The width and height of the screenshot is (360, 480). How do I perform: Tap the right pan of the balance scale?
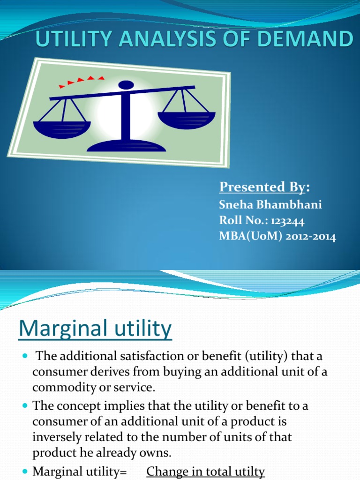point(186,119)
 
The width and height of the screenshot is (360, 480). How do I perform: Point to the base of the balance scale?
point(127,146)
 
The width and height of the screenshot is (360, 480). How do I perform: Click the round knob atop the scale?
point(126,85)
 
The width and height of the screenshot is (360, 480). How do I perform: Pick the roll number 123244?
point(287,221)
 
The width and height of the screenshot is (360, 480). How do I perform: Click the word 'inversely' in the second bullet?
point(56,437)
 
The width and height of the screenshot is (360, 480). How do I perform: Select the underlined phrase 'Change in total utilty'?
point(206,471)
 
